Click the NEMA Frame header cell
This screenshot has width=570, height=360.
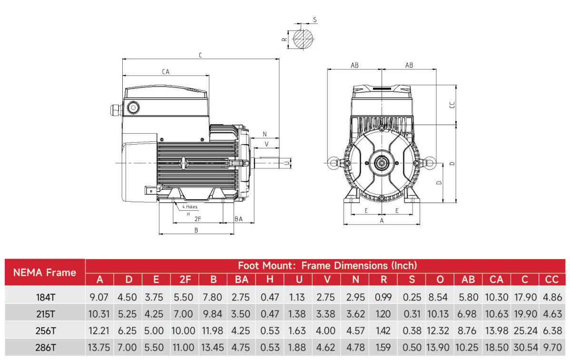click(45, 272)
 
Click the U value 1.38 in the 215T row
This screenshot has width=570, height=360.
click(298, 313)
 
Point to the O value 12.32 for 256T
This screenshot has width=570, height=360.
click(439, 330)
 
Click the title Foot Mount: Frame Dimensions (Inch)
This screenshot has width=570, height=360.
click(327, 265)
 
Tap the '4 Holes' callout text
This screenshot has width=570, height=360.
click(189, 207)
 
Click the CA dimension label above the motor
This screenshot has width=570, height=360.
click(166, 72)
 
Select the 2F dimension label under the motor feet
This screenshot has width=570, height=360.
click(198, 219)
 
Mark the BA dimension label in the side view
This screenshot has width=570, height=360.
click(238, 219)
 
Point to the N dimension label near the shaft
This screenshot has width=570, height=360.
click(265, 134)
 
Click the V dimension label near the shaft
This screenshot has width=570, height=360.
click(266, 144)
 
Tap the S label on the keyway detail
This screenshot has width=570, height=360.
click(315, 20)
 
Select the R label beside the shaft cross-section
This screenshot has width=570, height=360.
click(284, 39)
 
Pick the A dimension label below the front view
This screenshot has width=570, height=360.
click(382, 221)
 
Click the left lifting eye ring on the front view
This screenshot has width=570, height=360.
click(333, 163)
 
